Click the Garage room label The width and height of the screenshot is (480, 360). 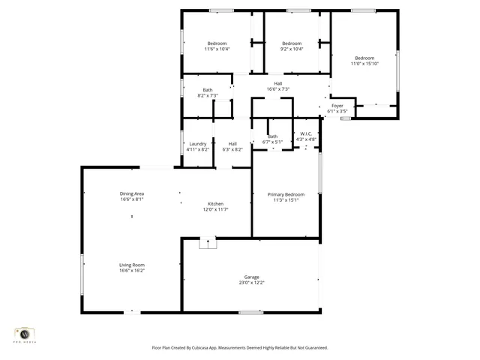click(251, 277)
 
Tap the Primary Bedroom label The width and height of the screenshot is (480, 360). click(286, 194)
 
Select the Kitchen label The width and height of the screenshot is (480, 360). click(216, 204)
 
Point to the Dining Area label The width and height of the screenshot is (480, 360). click(131, 194)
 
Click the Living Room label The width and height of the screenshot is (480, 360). click(131, 265)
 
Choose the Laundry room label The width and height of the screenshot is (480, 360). click(198, 144)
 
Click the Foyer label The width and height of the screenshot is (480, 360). click(337, 106)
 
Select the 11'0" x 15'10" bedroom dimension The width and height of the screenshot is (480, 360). click(364, 64)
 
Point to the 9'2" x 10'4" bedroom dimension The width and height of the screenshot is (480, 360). click(292, 49)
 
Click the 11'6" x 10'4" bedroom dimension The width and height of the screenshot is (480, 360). click(217, 49)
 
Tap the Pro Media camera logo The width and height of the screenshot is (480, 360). click(25, 334)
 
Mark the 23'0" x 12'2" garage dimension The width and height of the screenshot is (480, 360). click(251, 282)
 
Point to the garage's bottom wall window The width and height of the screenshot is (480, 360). click(250, 312)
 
